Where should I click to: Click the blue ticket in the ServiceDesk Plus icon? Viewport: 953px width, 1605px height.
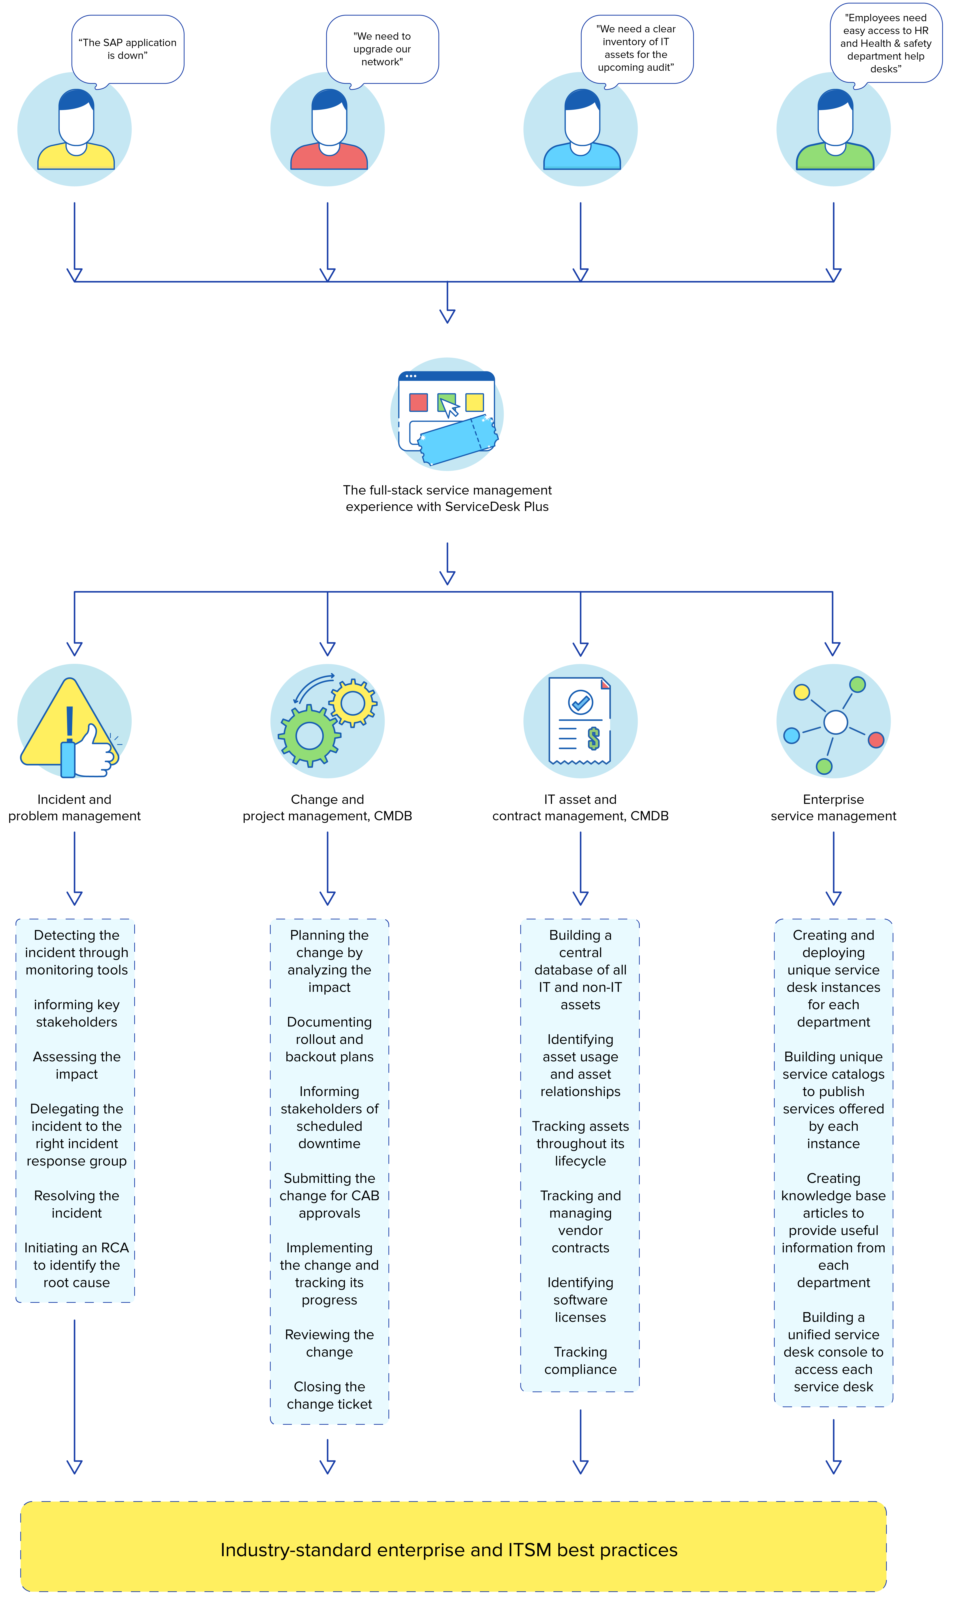(x=457, y=440)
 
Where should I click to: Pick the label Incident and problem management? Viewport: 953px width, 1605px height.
(x=74, y=808)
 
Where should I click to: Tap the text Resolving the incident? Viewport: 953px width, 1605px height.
(x=76, y=1204)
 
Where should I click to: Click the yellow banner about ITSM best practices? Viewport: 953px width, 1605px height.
(x=453, y=1550)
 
